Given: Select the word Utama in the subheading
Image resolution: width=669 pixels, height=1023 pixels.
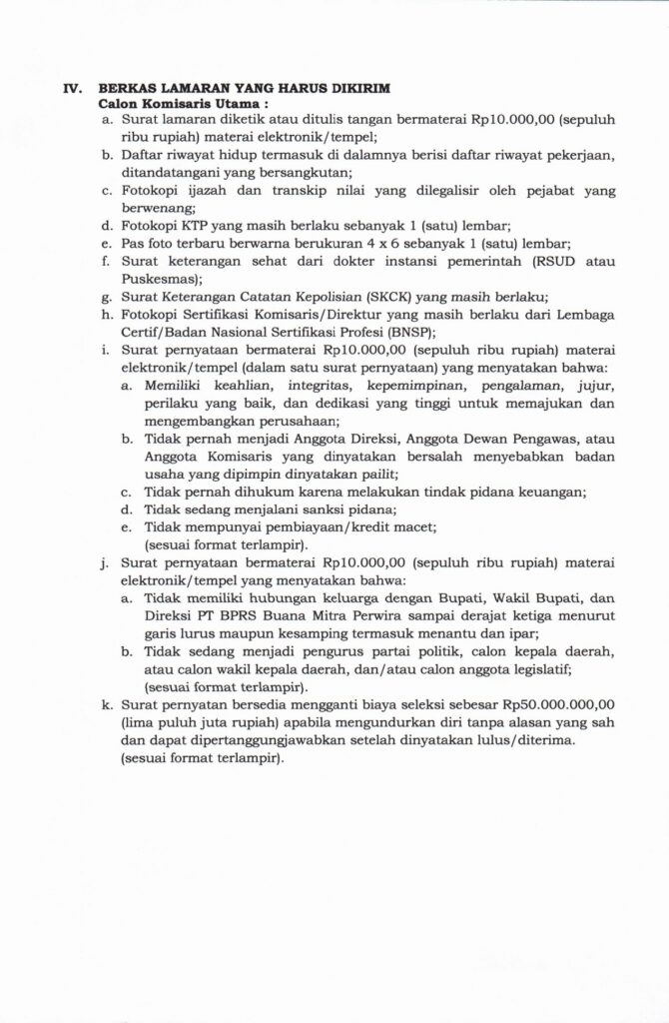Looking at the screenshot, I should (x=236, y=103).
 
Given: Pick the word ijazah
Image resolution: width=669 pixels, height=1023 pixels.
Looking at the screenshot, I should (x=198, y=190).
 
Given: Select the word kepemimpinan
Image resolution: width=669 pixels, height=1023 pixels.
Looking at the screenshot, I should (x=371, y=385).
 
